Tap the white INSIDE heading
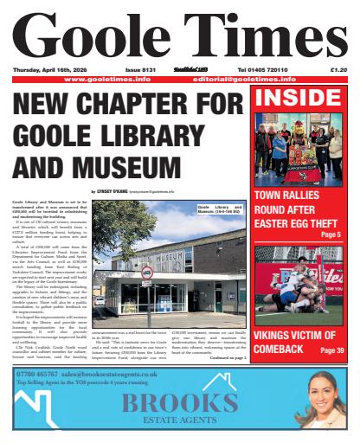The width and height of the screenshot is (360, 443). point(296,96)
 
